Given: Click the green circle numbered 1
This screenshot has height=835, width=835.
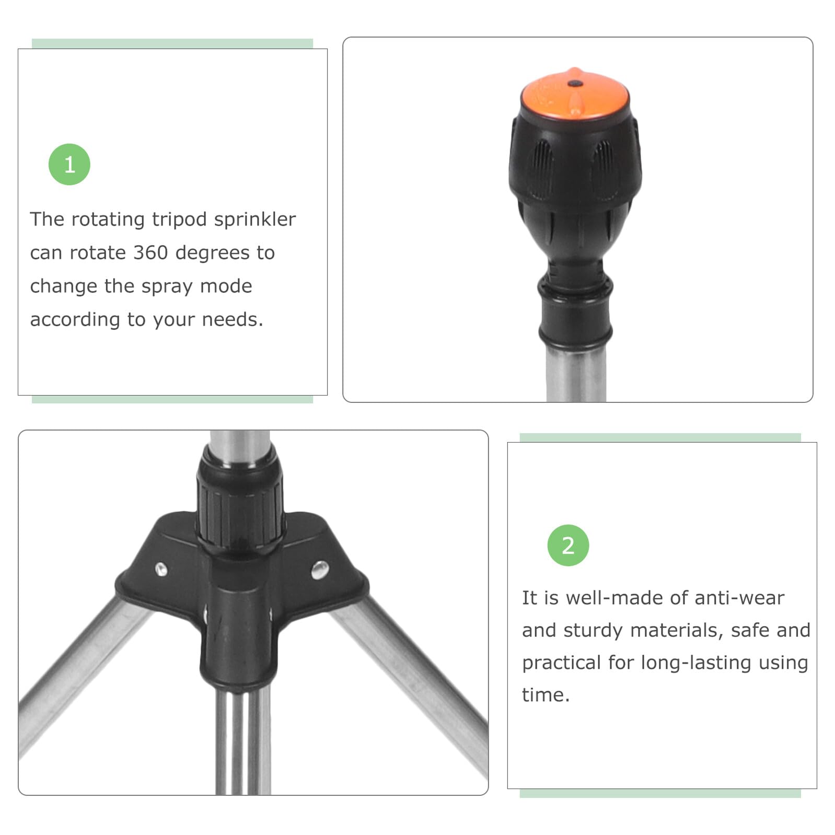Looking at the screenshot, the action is click(x=69, y=165).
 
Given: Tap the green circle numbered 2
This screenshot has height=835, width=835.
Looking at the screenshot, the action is click(x=568, y=546).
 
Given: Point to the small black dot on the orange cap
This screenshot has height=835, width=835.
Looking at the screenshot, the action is click(x=575, y=83).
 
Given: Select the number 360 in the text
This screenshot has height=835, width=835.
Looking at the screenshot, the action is click(x=150, y=253).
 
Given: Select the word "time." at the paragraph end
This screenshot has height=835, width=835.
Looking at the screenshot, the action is click(x=546, y=695).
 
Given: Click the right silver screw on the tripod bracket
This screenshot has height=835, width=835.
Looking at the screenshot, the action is click(x=320, y=569).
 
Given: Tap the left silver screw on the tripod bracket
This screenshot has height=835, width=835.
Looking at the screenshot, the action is click(x=161, y=569).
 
